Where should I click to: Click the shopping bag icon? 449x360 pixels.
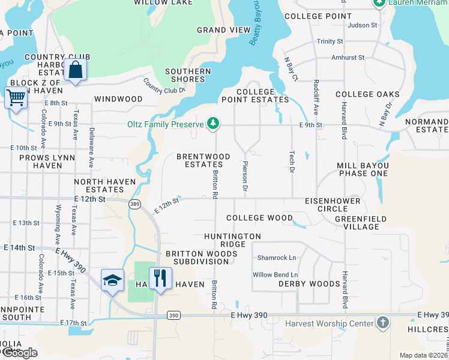pyautogui.click(x=77, y=69)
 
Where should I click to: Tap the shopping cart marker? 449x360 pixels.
pyautogui.click(x=16, y=97)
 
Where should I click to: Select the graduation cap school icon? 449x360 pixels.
pyautogui.click(x=112, y=280)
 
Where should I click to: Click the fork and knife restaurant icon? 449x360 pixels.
pyautogui.click(x=160, y=278)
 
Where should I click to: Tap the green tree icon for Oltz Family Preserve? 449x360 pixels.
pyautogui.click(x=212, y=124)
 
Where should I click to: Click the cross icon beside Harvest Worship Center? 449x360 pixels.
pyautogui.click(x=382, y=323)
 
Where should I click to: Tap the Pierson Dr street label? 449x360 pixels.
pyautogui.click(x=245, y=176)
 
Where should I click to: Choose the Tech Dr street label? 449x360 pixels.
pyautogui.click(x=292, y=163)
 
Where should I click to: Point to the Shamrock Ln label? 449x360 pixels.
pyautogui.click(x=277, y=257)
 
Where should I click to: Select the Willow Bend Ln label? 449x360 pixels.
pyautogui.click(x=276, y=275)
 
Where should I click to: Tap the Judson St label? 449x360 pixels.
pyautogui.click(x=362, y=25)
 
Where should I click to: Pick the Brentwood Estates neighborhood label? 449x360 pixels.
pyautogui.click(x=203, y=160)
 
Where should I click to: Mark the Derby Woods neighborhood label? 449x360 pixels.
pyautogui.click(x=309, y=284)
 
